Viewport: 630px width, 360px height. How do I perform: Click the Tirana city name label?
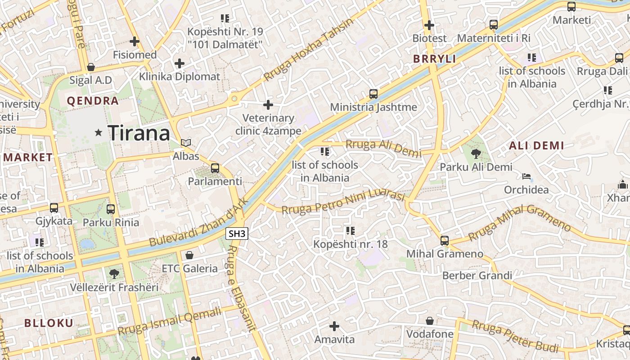[x=139, y=133]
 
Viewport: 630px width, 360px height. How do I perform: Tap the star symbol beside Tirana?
[x=99, y=132]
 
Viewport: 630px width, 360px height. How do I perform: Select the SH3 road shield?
[x=237, y=234]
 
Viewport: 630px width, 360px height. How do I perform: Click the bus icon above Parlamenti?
[x=215, y=168]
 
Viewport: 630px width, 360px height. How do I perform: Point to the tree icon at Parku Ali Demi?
[x=475, y=154]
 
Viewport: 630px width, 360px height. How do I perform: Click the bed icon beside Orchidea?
[x=526, y=176]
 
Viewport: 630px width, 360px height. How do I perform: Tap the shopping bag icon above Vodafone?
[x=430, y=321]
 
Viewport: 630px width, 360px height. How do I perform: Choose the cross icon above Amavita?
[x=334, y=326]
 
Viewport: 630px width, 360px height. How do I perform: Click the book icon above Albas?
[x=186, y=143]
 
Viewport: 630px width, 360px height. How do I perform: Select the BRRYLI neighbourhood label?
[x=434, y=58]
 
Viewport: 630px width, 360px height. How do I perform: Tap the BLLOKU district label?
[x=49, y=323]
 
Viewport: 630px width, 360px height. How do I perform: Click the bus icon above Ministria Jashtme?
[x=373, y=94]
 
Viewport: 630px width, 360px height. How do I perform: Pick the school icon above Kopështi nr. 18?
[x=350, y=231]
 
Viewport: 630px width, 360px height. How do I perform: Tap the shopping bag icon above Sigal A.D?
[x=91, y=67]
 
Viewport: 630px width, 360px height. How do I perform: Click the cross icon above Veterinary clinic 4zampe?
[x=268, y=105]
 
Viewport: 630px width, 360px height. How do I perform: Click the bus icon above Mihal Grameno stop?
[x=445, y=240]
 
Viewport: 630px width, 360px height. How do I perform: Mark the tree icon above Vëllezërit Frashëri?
[x=114, y=274]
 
